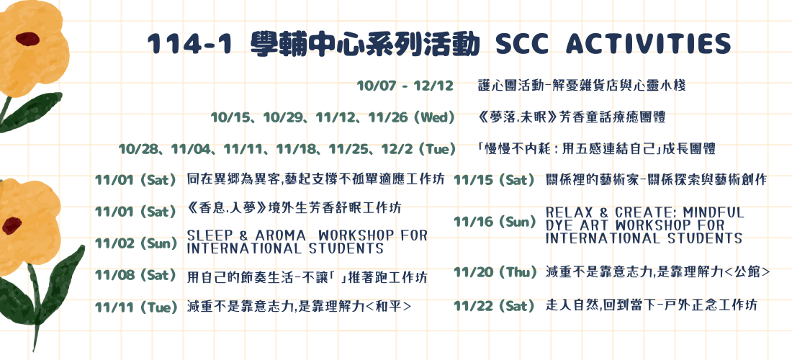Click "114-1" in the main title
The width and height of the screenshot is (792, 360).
coord(190,45)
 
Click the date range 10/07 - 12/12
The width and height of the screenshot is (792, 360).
coord(405,86)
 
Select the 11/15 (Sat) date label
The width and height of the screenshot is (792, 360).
coord(494,180)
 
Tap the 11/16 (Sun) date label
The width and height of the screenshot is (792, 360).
coord(495,222)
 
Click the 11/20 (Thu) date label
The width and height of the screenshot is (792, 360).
coord(495,273)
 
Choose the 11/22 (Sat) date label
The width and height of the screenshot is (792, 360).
coord(494,306)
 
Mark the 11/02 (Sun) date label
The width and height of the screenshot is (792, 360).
coord(137,243)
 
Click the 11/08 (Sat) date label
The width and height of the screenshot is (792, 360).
coord(135,276)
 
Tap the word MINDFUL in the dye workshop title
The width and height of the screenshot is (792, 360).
coord(713,212)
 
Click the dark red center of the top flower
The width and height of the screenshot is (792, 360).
coord(27,39)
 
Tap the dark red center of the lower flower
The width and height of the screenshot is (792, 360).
coord(11,225)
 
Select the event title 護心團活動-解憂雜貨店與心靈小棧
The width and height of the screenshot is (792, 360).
coord(582,86)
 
